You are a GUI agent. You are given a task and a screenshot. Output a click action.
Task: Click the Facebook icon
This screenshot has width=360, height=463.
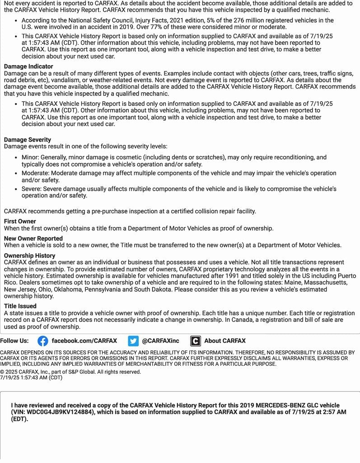click(x=43, y=341)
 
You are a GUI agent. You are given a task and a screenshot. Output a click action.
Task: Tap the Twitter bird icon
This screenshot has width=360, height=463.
click(x=133, y=341)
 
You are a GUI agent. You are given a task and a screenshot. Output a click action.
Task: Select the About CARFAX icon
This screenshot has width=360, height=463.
click(x=196, y=341)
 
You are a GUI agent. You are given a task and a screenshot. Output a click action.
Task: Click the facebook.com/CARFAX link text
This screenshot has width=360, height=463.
click(x=84, y=341)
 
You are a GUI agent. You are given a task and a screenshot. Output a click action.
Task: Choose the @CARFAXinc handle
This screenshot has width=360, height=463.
click(x=160, y=341)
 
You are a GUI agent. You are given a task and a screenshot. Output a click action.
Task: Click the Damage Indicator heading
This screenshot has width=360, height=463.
click(x=28, y=66)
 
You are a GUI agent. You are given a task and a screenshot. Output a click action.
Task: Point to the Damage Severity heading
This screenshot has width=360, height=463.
click(x=28, y=140)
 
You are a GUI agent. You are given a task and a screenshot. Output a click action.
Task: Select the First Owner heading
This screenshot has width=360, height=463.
click(x=20, y=222)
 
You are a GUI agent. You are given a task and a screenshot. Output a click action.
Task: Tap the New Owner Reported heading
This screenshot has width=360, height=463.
click(x=33, y=238)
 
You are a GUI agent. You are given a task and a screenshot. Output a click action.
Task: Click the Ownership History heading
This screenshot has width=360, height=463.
click(x=30, y=255)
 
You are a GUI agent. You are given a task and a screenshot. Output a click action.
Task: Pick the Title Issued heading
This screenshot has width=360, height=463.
click(x=20, y=306)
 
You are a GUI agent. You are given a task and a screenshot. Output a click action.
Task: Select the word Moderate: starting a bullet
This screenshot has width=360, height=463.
click(x=35, y=173)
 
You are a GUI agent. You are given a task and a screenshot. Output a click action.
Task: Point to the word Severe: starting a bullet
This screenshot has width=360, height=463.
click(x=32, y=189)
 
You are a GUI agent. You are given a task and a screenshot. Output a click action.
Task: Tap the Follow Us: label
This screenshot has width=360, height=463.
click(x=14, y=341)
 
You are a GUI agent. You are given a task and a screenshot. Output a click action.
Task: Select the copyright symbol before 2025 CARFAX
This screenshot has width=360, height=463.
click(x=2, y=372)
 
